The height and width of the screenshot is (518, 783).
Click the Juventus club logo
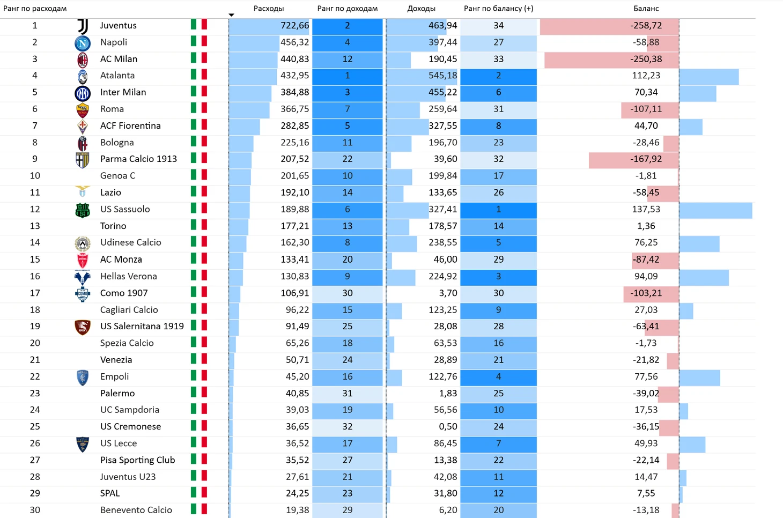(83, 26)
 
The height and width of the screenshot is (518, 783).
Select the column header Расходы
(269, 9)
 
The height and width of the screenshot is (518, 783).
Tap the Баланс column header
(646, 9)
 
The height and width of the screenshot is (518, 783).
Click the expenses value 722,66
(294, 26)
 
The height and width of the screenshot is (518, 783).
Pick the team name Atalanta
(117, 76)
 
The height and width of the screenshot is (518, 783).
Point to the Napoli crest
(83, 42)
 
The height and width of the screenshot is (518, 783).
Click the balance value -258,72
(646, 26)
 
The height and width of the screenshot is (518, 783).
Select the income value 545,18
(442, 76)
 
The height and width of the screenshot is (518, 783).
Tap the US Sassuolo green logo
(83, 210)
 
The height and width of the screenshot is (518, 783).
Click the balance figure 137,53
(646, 210)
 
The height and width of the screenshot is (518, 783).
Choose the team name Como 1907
(124, 293)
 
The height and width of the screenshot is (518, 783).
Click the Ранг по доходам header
(347, 9)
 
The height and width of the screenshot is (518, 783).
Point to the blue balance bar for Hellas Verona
(704, 277)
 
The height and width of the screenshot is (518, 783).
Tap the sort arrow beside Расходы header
(231, 15)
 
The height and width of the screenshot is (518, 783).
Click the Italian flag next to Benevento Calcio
(199, 510)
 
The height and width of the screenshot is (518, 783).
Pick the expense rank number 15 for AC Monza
(35, 260)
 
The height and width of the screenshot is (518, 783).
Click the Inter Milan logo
(83, 93)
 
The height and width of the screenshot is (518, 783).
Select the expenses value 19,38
(297, 510)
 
